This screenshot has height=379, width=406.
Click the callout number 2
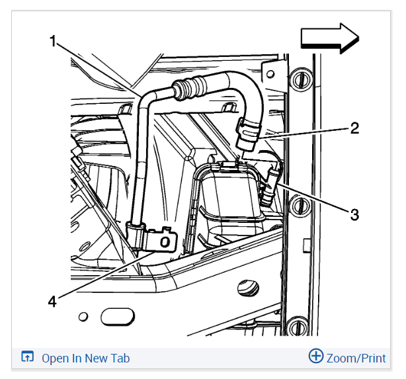(x=354, y=128)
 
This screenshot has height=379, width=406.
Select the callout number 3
(x=354, y=214)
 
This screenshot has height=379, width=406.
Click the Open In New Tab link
(x=85, y=358)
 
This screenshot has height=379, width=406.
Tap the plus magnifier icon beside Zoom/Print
(x=316, y=357)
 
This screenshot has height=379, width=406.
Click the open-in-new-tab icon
(x=28, y=358)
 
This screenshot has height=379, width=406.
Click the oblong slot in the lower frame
(x=117, y=318)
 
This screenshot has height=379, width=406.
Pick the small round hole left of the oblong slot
(x=83, y=316)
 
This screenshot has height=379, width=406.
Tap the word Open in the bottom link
(x=56, y=358)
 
